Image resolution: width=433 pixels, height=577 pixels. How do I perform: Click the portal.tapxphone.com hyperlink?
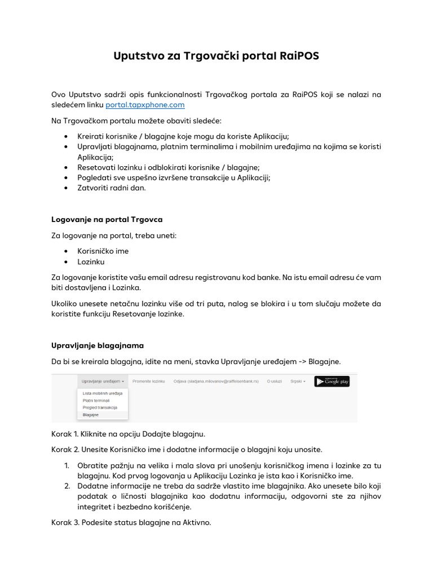145,105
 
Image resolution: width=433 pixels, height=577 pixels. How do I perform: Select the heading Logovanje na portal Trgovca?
107,219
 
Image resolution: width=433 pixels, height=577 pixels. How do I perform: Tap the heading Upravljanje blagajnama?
98,345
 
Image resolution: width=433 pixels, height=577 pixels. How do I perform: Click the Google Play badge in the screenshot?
332,381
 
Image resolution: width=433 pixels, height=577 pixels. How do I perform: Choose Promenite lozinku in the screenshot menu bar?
148,381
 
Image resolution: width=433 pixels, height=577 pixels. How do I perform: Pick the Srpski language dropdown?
298,381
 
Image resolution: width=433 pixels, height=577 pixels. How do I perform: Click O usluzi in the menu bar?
275,381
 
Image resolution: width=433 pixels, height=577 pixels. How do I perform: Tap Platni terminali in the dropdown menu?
96,400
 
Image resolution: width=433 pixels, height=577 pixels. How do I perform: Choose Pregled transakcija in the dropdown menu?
100,407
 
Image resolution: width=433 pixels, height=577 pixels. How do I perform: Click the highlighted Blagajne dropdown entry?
91,415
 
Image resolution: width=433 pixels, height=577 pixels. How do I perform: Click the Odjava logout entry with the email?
216,381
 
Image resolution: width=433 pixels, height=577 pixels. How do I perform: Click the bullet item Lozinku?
91,261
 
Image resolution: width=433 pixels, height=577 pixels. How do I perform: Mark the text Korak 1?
64,434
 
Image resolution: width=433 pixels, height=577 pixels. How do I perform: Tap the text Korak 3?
64,522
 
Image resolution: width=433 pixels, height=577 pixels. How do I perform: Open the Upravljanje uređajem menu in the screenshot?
103,381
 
